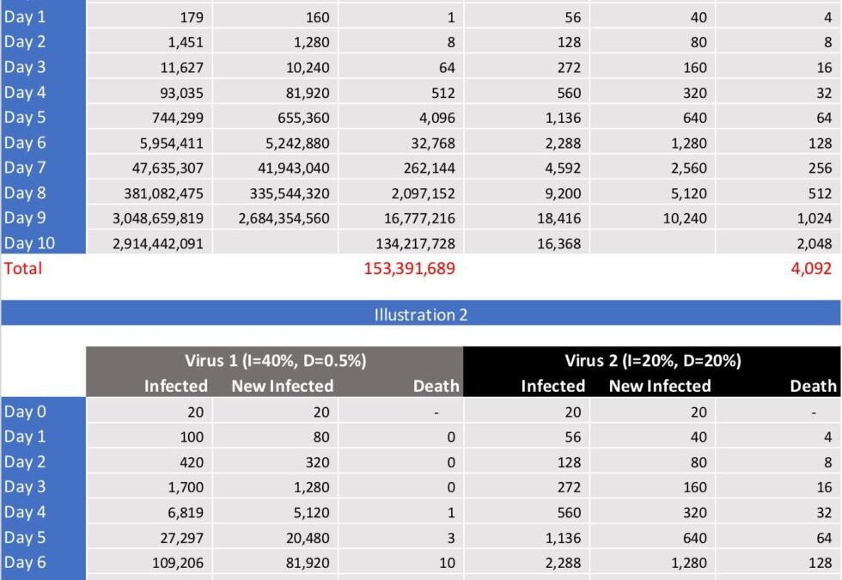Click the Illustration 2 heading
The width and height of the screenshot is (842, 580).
(x=420, y=314)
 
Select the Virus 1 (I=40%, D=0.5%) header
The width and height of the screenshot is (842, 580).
(x=275, y=361)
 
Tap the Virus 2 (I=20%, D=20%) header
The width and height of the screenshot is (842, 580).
(x=653, y=361)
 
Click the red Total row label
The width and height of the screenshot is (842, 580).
(x=23, y=268)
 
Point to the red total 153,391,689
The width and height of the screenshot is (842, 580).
(x=409, y=268)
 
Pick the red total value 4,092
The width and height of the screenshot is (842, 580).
(x=811, y=268)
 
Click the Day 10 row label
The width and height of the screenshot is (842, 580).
(x=29, y=243)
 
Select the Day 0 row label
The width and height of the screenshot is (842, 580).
(x=25, y=412)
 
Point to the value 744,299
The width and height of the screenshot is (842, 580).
(x=173, y=118)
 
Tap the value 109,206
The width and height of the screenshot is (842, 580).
(x=176, y=564)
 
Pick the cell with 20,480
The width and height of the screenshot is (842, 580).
(x=306, y=538)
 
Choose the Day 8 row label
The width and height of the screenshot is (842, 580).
(x=25, y=193)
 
